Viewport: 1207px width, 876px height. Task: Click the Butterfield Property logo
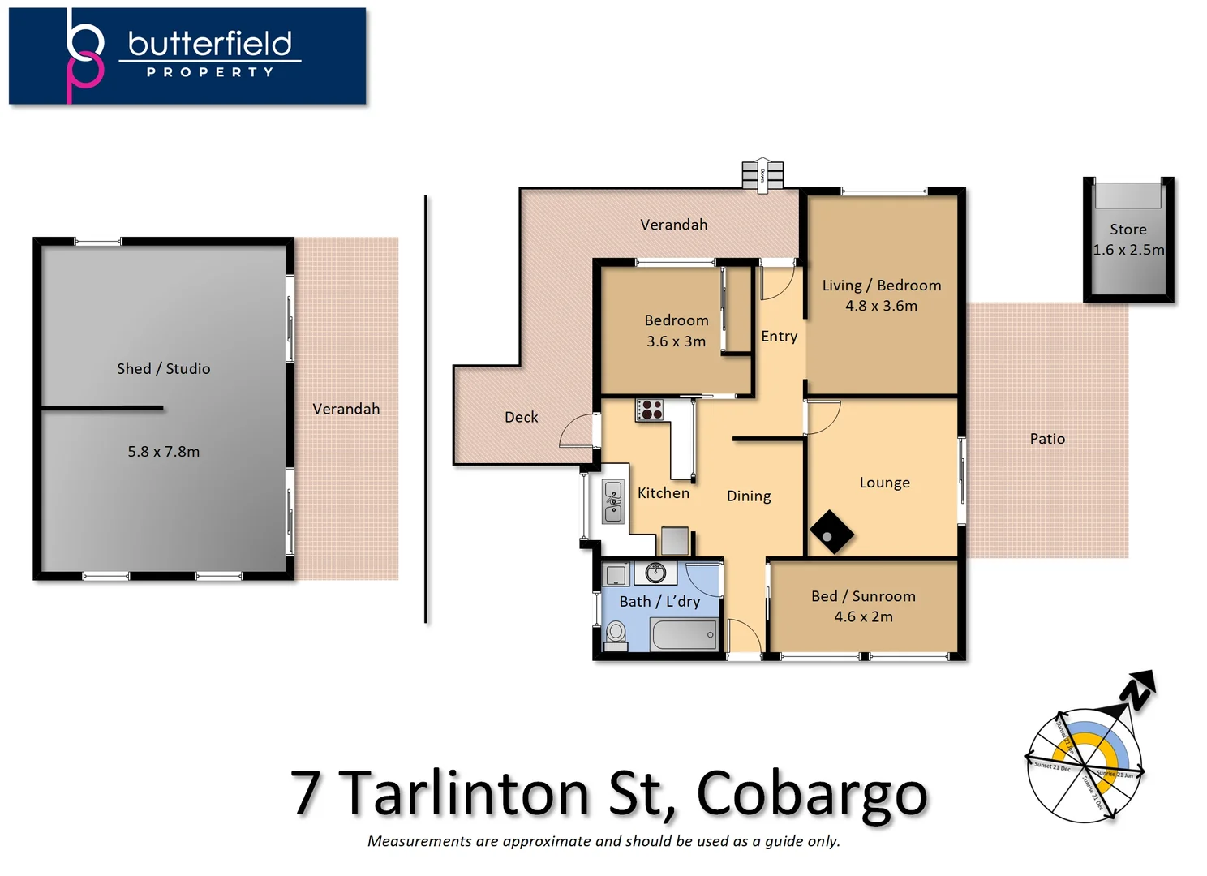click(187, 56)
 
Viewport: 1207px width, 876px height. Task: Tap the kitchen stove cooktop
click(650, 410)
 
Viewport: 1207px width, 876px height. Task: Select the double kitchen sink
click(613, 502)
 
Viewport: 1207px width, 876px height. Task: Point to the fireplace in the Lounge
click(831, 532)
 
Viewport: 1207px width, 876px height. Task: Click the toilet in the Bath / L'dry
click(616, 634)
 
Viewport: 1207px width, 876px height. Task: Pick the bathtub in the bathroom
click(683, 634)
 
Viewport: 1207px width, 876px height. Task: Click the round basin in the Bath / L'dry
click(655, 573)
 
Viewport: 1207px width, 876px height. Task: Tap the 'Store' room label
click(1128, 230)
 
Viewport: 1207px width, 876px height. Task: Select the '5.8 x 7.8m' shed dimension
click(163, 452)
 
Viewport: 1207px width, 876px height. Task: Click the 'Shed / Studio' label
click(163, 368)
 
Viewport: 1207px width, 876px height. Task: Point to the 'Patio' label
click(1047, 439)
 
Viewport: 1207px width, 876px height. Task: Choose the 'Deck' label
click(521, 417)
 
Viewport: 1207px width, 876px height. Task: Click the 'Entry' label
click(779, 336)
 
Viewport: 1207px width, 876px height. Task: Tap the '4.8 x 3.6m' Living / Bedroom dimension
click(881, 306)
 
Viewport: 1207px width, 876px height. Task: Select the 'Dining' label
click(748, 496)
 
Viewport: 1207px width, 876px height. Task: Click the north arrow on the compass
click(1137, 690)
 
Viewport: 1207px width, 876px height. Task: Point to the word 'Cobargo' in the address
click(811, 793)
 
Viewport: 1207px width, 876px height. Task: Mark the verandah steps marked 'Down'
click(762, 175)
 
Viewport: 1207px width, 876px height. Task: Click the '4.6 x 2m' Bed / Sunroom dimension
click(863, 616)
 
